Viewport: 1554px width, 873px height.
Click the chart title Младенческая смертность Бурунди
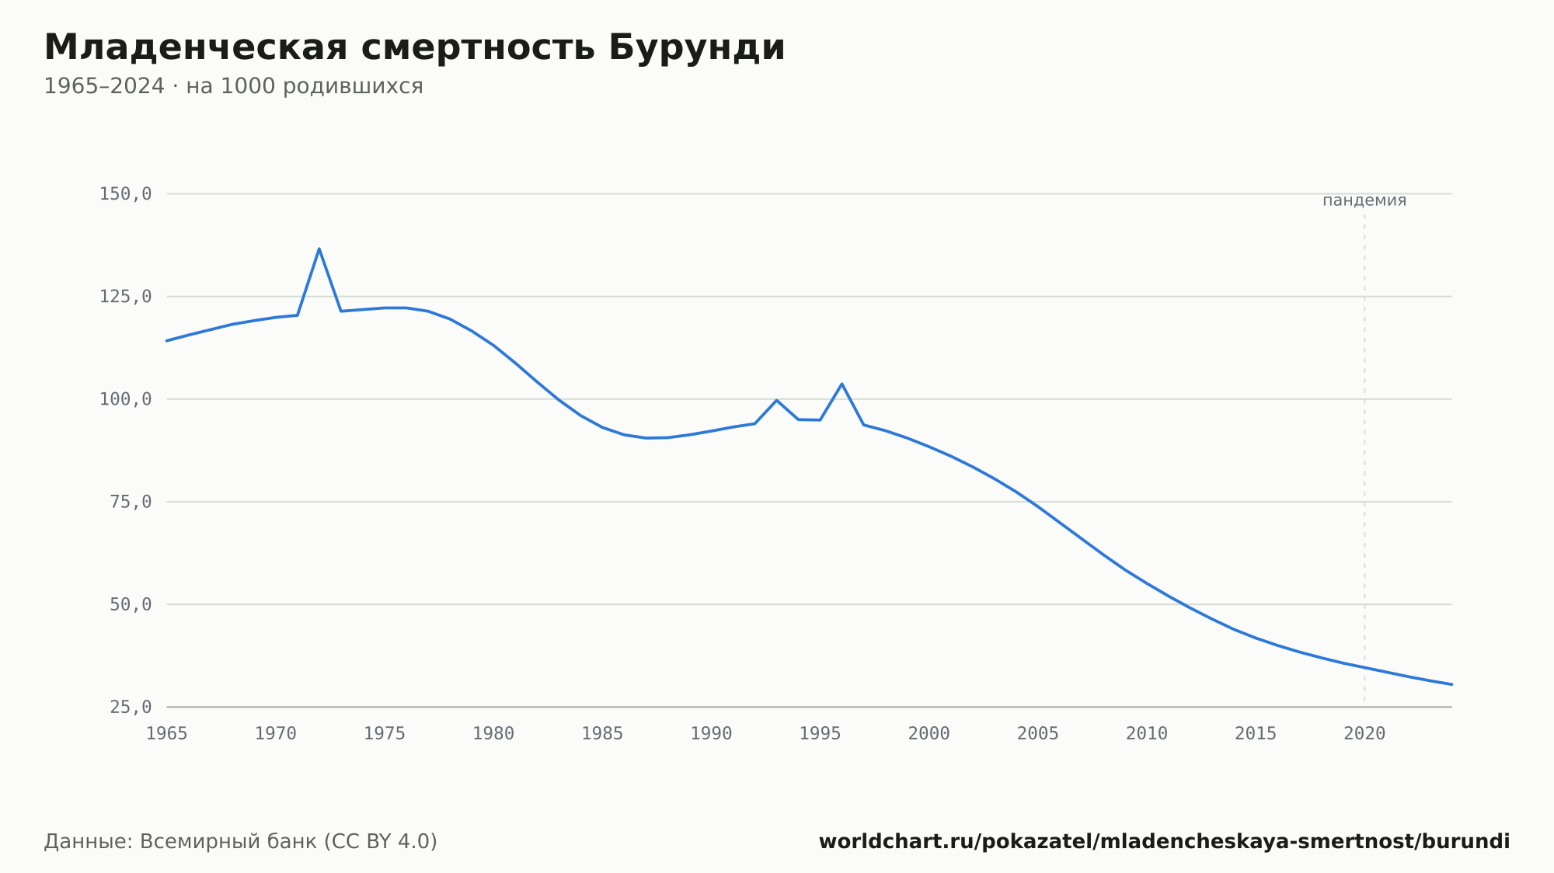click(x=414, y=48)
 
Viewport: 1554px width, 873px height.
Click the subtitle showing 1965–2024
click(x=233, y=86)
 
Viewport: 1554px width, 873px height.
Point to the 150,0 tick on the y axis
click(x=125, y=194)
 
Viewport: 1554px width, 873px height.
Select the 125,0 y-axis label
click(x=125, y=297)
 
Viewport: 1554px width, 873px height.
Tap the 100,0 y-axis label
click(x=125, y=399)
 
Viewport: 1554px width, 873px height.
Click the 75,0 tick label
click(x=131, y=502)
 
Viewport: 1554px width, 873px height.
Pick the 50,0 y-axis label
click(x=131, y=604)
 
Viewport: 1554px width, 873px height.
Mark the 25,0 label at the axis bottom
click(x=131, y=707)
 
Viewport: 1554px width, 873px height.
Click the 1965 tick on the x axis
click(x=167, y=734)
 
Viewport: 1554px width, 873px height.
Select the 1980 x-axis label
click(x=493, y=734)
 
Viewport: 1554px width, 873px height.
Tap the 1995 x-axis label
click(x=821, y=734)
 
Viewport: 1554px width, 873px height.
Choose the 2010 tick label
click(x=1147, y=734)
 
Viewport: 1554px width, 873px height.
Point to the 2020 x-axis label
click(x=1364, y=734)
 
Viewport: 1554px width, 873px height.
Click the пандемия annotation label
click(x=1364, y=200)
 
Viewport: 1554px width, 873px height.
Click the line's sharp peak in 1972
click(x=319, y=249)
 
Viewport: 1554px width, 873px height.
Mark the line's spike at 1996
click(x=841, y=384)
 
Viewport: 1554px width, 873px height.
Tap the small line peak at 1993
click(x=776, y=400)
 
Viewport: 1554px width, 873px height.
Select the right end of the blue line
click(x=1451, y=684)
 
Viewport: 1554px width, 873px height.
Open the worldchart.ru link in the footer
click(x=1164, y=842)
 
